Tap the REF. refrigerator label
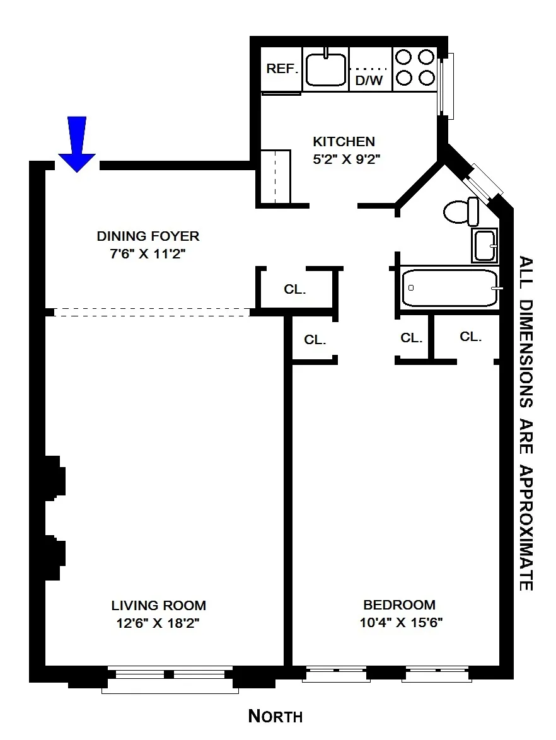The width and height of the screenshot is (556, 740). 281,69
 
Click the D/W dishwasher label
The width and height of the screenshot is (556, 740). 369,80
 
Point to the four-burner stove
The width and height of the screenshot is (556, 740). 415,68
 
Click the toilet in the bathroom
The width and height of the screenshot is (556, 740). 460,212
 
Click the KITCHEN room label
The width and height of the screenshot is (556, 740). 344,142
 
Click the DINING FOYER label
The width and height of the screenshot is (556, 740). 148,236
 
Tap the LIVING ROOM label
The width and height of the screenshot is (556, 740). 158,606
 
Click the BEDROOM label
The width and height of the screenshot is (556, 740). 399,605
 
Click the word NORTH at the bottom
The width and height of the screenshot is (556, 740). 275,716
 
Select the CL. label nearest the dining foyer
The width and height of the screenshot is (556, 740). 294,290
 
